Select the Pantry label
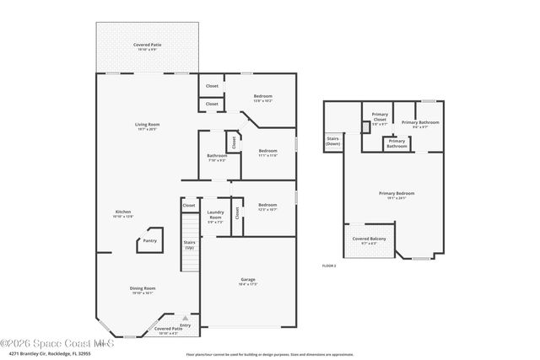click(149, 241)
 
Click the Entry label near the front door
click(185, 325)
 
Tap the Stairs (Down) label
click(332, 142)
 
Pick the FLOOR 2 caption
click(329, 266)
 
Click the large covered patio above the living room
click(148, 47)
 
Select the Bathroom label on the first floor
click(217, 158)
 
